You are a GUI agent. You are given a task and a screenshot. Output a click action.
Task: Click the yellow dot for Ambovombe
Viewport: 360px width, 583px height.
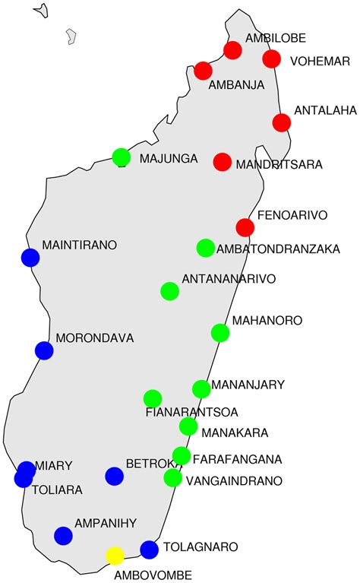pos(115,556)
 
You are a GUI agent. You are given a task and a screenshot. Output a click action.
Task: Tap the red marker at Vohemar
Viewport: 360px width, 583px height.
pos(271,59)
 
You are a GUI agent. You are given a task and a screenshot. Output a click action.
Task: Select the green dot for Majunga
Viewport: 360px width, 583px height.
pos(121,157)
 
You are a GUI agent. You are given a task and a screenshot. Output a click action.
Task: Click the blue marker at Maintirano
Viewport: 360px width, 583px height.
pos(30,258)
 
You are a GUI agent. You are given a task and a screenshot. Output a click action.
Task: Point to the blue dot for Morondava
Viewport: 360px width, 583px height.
pos(44,350)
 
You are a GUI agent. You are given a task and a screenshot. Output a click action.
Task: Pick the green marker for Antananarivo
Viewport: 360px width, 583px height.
pos(170,291)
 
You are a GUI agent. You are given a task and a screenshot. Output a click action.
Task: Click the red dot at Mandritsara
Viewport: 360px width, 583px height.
pos(223,162)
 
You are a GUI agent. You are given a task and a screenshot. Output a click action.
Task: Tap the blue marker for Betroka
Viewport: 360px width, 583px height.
pos(115,476)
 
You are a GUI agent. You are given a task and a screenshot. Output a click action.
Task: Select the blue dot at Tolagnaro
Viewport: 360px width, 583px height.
pos(149,550)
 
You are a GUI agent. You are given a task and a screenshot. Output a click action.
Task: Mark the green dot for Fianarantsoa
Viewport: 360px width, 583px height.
pos(153,398)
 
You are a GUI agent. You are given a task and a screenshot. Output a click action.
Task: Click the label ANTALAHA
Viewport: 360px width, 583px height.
pos(324,111)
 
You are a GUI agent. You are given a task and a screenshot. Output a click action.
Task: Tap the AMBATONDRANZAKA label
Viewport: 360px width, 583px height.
pos(278,249)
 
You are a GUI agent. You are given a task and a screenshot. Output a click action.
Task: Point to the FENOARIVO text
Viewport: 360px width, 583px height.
pos(292,216)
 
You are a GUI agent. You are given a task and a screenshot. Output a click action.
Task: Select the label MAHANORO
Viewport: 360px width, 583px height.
pos(267,321)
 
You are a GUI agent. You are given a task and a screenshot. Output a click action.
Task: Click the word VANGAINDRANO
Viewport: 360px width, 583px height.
pos(234,480)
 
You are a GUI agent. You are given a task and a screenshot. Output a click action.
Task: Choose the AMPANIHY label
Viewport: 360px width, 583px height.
pos(105,524)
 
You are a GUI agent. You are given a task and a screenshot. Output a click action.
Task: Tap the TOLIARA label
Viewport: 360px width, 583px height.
pos(57,490)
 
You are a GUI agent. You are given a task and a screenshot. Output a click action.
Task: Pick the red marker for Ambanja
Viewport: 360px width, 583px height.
pos(203,71)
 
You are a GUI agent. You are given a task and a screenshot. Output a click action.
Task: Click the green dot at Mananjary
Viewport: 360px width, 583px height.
pos(201,389)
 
